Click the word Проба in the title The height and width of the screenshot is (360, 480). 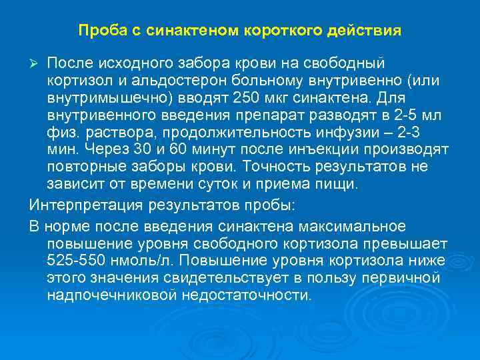pyautogui.click(x=97, y=31)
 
